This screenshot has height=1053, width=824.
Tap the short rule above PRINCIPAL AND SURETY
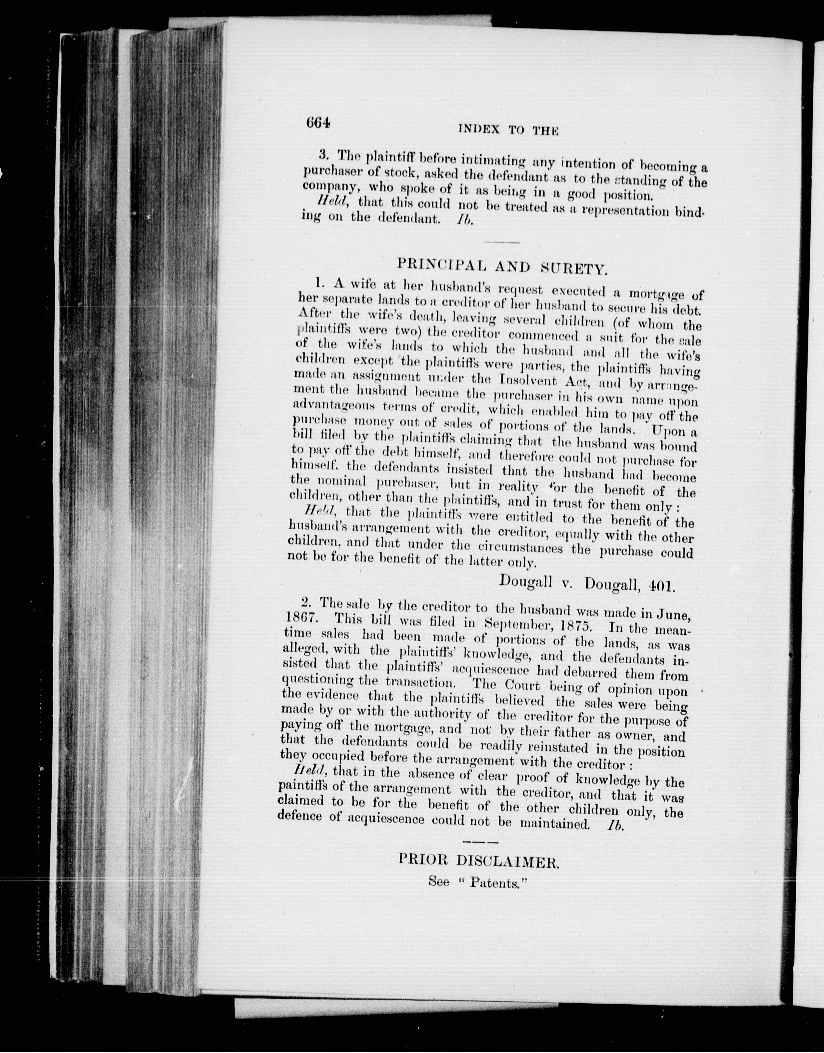pyautogui.click(x=501, y=242)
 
